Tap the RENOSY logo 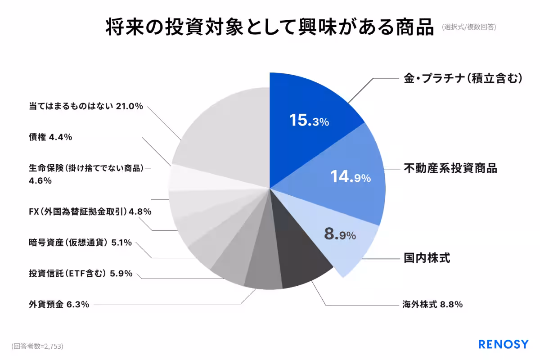pyautogui.click(x=503, y=345)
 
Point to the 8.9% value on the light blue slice pyautogui.click(x=340, y=234)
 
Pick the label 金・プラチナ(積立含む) pyautogui.click(x=462, y=78)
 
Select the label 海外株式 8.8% pyautogui.click(x=432, y=304)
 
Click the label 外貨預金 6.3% pyautogui.click(x=59, y=304)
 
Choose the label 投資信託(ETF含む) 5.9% pyautogui.click(x=81, y=273)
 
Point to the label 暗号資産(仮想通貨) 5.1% pyautogui.click(x=80, y=243)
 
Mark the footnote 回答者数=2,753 pyautogui.click(x=37, y=346)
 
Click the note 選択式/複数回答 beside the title pyautogui.click(x=468, y=27)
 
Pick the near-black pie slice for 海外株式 pyautogui.click(x=301, y=265)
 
